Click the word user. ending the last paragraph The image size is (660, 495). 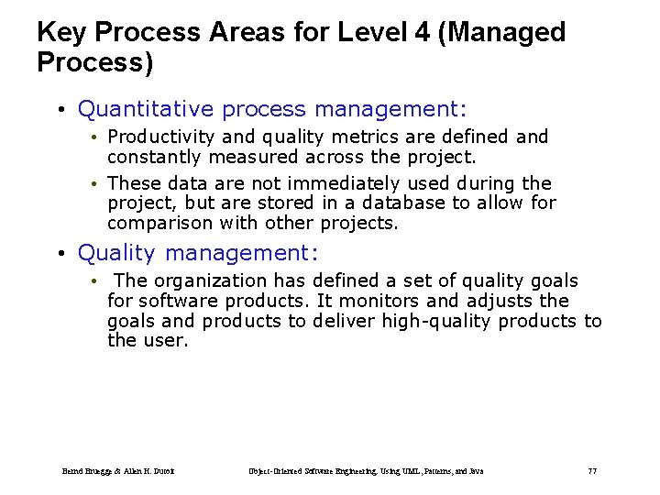coord(165,340)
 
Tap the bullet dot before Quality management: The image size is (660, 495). coord(60,253)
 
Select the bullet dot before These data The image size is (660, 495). coord(94,184)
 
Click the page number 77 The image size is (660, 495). coord(591,471)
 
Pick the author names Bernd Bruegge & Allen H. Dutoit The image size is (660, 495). coord(119,471)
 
